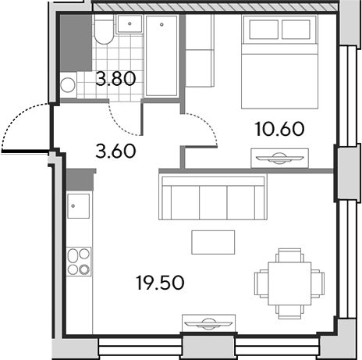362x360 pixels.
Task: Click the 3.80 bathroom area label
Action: (115, 79)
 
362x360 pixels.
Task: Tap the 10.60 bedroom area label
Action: (279, 129)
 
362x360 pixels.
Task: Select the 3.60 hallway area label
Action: (115, 151)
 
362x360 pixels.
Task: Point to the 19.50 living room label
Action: (160, 283)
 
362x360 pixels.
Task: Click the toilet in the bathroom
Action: (104, 29)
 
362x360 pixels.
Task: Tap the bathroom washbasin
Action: (130, 24)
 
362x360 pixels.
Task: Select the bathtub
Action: (161, 55)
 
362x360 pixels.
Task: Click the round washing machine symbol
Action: (68, 85)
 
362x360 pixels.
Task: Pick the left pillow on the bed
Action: (264, 30)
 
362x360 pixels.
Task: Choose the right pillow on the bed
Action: (296, 30)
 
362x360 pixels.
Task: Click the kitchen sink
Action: (79, 206)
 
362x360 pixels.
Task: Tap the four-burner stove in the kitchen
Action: (79, 262)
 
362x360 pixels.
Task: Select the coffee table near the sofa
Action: (213, 242)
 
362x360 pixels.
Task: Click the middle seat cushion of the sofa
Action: (213, 202)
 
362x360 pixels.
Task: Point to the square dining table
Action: (289, 283)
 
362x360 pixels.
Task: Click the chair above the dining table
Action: (289, 255)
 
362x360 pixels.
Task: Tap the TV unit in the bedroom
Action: (280, 158)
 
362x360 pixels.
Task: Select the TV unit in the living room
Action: (209, 323)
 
